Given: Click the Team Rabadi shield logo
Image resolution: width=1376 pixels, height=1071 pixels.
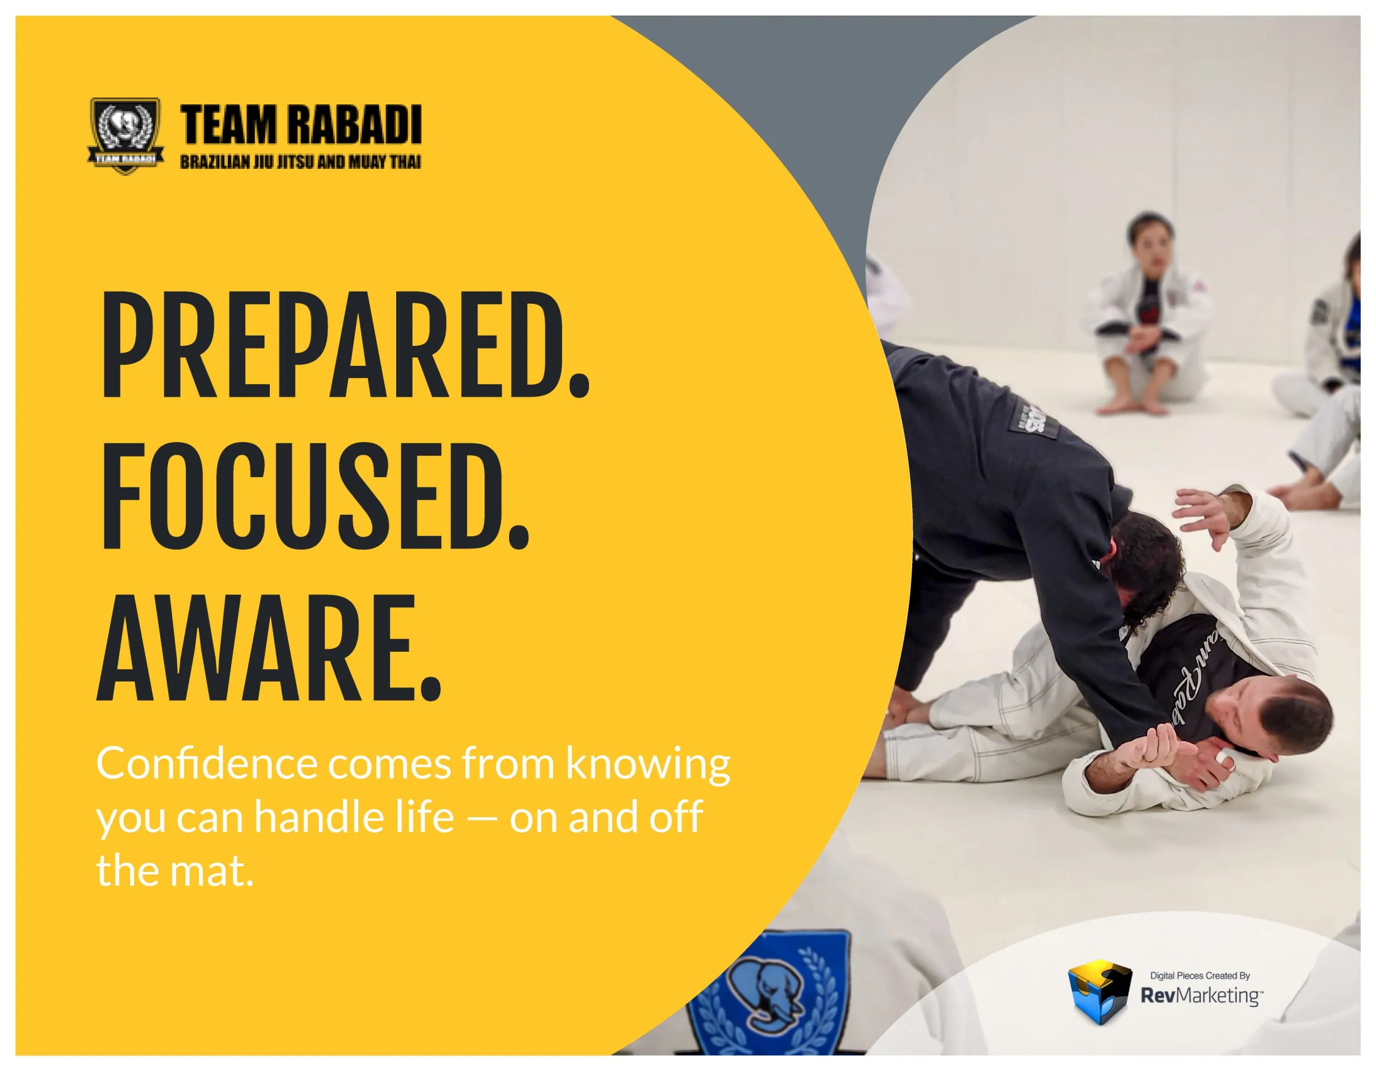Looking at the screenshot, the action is [x=125, y=136].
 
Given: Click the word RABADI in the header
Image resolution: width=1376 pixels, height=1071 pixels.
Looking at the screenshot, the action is [x=359, y=125].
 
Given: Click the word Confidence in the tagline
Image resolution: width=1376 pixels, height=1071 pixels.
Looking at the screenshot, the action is [x=206, y=764].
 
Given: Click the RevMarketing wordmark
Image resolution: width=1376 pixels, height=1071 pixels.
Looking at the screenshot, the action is [x=1201, y=996].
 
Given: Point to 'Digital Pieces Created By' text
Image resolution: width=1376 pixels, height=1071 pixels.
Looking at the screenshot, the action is [x=1200, y=975].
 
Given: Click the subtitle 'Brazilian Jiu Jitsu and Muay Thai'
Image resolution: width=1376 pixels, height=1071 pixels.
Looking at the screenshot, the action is [x=300, y=161].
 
